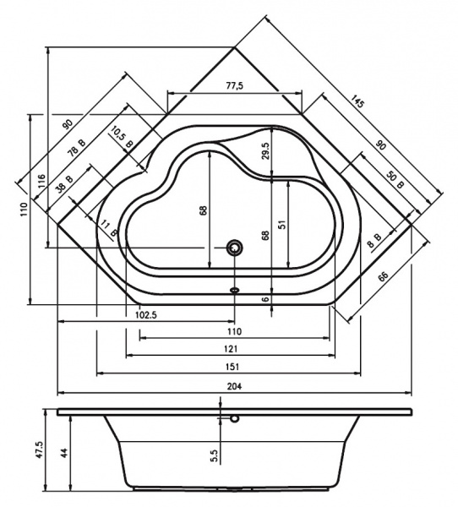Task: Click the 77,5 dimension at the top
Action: (x=234, y=86)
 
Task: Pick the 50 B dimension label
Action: (x=395, y=180)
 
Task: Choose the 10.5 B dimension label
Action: (x=121, y=137)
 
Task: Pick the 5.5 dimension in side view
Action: (x=215, y=457)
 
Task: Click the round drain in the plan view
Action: (x=234, y=248)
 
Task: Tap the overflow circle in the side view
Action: (x=234, y=417)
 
